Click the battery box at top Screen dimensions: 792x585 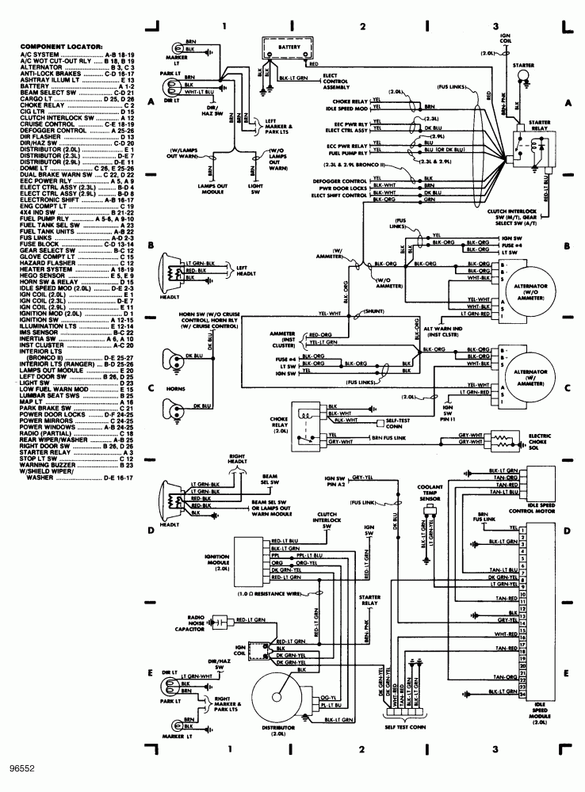288,48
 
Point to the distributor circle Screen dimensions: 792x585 278,697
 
